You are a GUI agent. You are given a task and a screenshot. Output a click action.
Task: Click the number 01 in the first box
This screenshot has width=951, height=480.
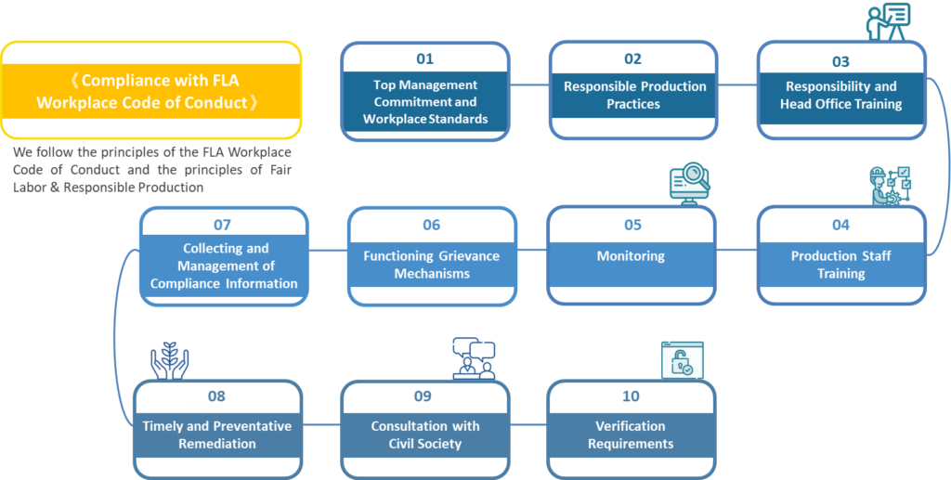(x=424, y=59)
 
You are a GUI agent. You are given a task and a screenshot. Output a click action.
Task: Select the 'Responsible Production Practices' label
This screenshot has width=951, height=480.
(x=634, y=95)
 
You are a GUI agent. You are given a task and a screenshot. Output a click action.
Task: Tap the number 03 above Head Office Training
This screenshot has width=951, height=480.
(x=840, y=61)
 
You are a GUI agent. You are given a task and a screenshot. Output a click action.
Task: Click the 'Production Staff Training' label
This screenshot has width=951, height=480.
(x=840, y=265)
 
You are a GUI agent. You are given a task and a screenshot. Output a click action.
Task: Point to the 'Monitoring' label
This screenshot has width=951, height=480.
(x=631, y=256)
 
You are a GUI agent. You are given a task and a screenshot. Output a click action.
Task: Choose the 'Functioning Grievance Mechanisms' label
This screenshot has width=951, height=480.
(x=431, y=265)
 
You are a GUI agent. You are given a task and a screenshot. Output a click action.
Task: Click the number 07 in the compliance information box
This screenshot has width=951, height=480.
(x=222, y=225)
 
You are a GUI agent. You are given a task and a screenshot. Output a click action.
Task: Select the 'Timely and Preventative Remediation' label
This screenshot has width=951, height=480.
(x=216, y=435)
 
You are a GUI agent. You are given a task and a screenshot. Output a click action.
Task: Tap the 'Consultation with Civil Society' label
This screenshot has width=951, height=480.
(x=425, y=435)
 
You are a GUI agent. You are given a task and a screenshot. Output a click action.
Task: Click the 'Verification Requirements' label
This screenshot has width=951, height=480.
(x=631, y=435)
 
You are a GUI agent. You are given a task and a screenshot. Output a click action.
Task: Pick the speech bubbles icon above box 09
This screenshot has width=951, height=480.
(x=474, y=357)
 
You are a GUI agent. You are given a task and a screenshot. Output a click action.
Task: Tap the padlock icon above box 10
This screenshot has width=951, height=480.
(x=682, y=359)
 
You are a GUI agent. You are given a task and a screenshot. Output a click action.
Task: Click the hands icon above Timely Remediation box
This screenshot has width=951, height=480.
(x=170, y=360)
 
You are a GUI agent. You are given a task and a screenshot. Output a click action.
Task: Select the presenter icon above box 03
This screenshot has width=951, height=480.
(x=888, y=20)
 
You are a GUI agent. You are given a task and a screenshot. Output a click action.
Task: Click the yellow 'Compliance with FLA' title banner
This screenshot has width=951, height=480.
(x=151, y=92)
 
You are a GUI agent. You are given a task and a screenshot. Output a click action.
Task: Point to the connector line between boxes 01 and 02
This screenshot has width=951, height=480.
(x=529, y=85)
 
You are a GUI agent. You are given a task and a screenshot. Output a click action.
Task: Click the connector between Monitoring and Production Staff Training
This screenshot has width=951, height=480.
(x=736, y=249)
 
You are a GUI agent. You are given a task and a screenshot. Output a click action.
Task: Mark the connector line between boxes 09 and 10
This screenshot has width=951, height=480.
(x=529, y=425)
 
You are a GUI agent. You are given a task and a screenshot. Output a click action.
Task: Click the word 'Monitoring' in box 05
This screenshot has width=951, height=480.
(x=631, y=256)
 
